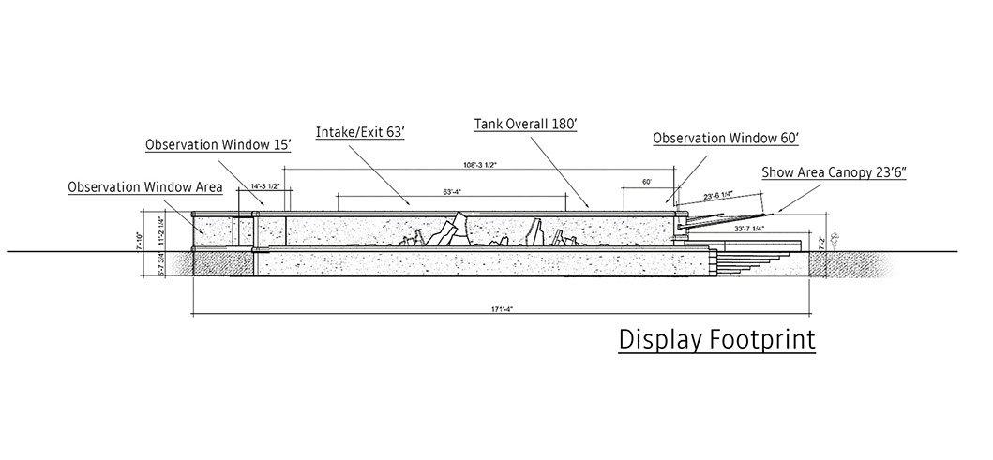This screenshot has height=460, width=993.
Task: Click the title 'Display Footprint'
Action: pyautogui.click(x=716, y=339)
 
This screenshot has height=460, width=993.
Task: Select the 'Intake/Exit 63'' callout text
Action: pyautogui.click(x=360, y=133)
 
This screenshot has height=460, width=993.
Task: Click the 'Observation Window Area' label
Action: pyautogui.click(x=145, y=187)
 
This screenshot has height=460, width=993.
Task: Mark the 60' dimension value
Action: pyautogui.click(x=646, y=181)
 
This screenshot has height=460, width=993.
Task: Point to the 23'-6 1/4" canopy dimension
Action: pyautogui.click(x=722, y=197)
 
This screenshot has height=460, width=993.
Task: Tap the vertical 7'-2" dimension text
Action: pyautogui.click(x=822, y=242)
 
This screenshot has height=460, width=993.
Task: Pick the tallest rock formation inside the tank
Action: pyautogui.click(x=454, y=229)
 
